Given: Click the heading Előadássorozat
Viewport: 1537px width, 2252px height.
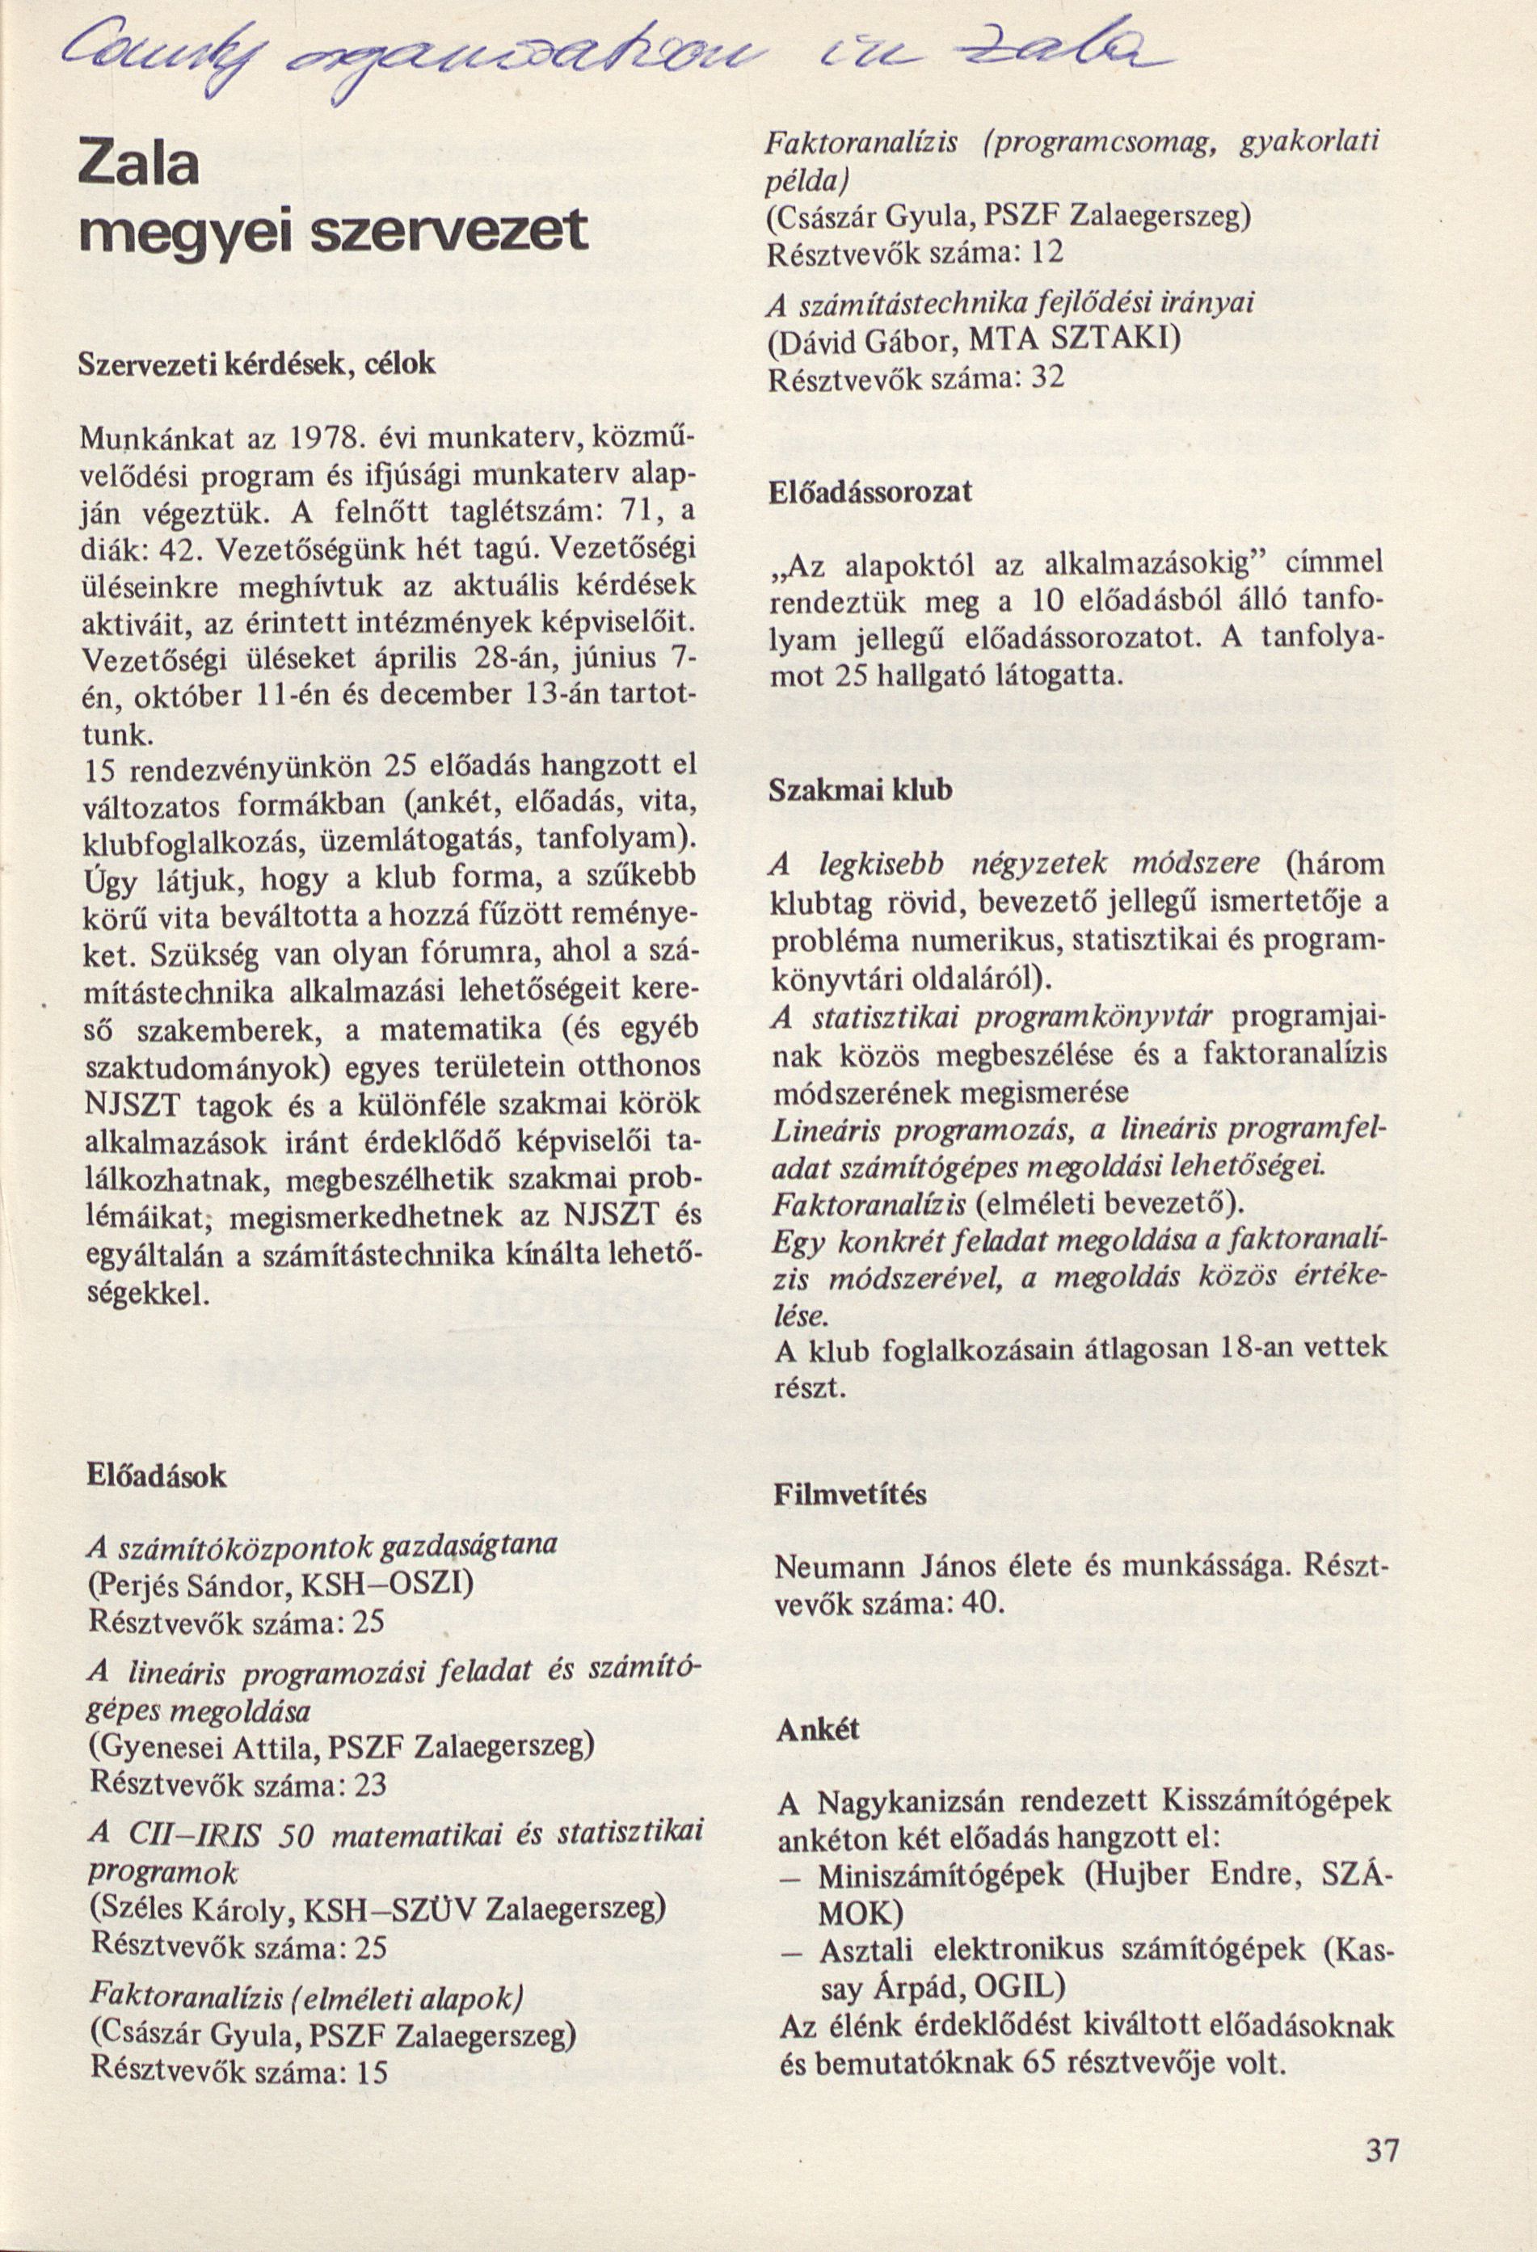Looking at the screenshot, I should [870, 491].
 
